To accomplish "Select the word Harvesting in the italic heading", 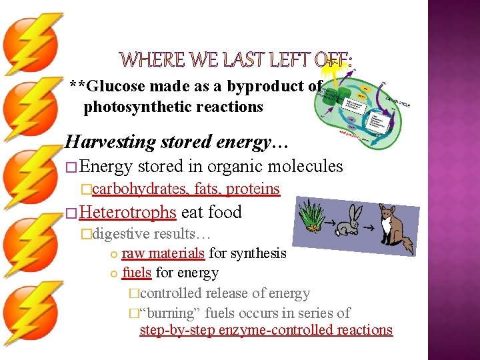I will click(106, 142).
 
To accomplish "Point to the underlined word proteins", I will click(253, 189).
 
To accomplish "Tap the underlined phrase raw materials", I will click(163, 253).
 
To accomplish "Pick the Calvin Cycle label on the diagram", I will click(397, 99).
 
